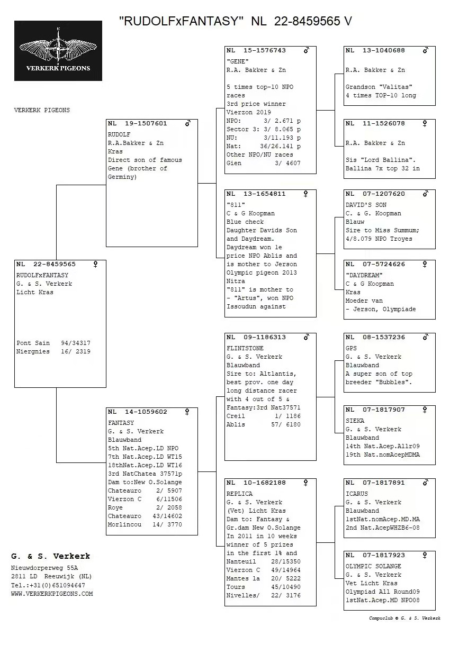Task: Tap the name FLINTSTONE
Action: (245, 349)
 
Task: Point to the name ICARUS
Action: (356, 494)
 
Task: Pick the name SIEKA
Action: (355, 421)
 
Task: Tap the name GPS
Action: (351, 349)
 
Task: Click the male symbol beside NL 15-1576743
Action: (306, 51)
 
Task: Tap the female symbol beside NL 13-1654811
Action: (305, 194)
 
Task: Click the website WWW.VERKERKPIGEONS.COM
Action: (52, 594)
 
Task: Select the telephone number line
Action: (48, 585)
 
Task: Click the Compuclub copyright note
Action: (404, 618)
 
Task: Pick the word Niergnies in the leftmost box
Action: (33, 352)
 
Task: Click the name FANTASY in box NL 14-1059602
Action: (121, 423)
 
